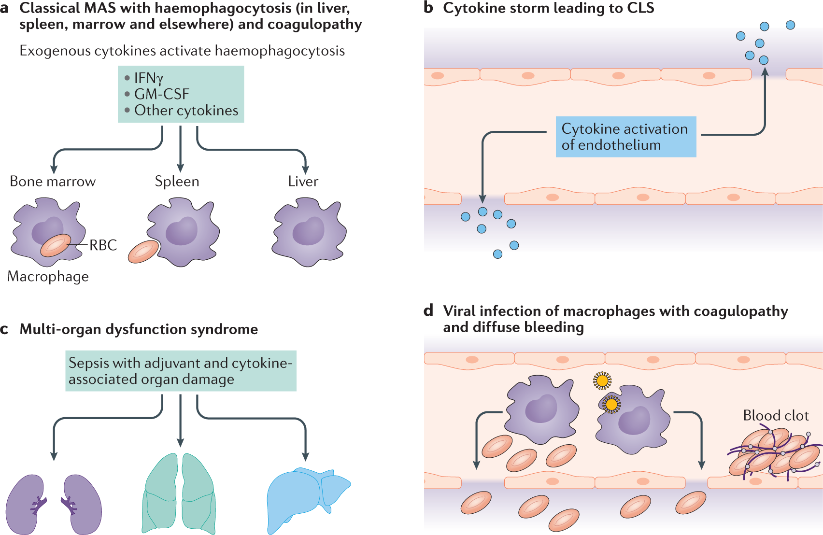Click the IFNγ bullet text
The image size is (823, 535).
pyautogui.click(x=149, y=78)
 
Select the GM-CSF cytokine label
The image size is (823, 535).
pyautogui.click(x=161, y=94)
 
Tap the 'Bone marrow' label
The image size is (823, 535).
pyautogui.click(x=53, y=182)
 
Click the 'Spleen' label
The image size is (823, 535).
pyautogui.click(x=177, y=182)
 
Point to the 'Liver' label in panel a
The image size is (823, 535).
pyautogui.click(x=303, y=182)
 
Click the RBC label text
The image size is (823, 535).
pyautogui.click(x=103, y=245)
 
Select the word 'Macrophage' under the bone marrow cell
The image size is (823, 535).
pyautogui.click(x=48, y=277)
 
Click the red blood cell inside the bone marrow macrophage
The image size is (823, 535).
pyautogui.click(x=56, y=245)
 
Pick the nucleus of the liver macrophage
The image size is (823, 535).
pyautogui.click(x=309, y=231)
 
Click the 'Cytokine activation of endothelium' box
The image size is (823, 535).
pyautogui.click(x=625, y=137)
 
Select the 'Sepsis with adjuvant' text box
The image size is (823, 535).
pyautogui.click(x=181, y=371)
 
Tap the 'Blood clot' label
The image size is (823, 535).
pyautogui.click(x=776, y=416)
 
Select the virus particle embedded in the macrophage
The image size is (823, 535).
pyautogui.click(x=611, y=405)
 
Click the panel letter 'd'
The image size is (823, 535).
pyautogui.click(x=428, y=311)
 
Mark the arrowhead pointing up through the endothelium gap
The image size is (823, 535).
pyautogui.click(x=765, y=71)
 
